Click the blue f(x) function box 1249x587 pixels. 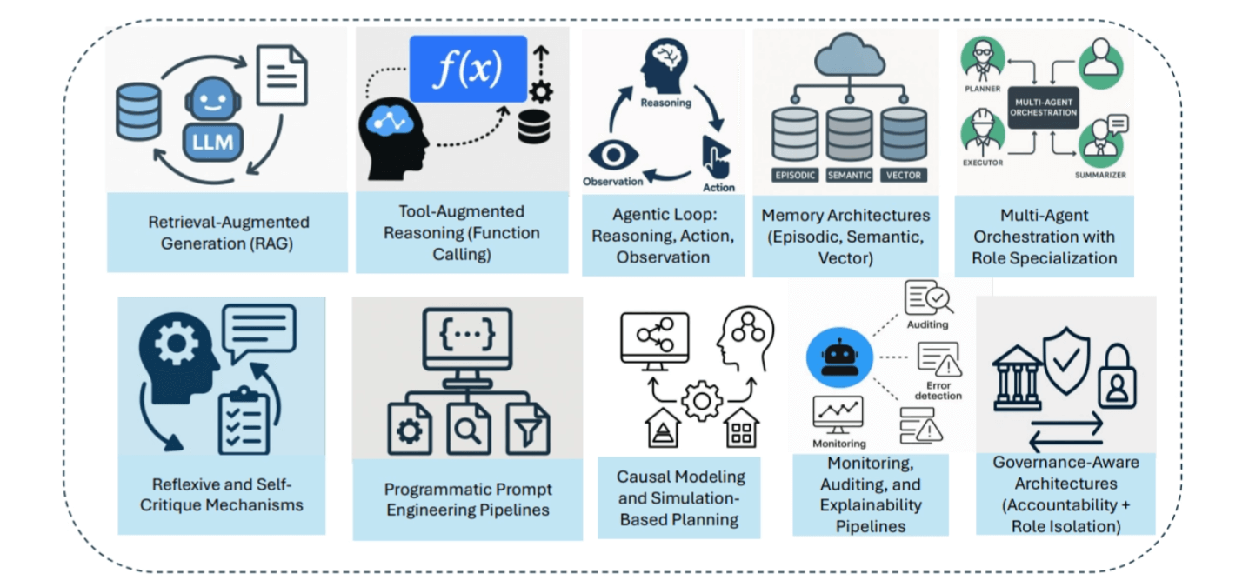pyautogui.click(x=468, y=69)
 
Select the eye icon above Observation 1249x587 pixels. pyautogui.click(x=613, y=155)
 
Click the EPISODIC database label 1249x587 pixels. pyautogui.click(x=795, y=175)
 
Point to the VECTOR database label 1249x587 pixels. pyautogui.click(x=903, y=175)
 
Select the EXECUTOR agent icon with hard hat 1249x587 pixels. pyautogui.click(x=982, y=136)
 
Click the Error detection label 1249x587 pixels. pyautogui.click(x=938, y=390)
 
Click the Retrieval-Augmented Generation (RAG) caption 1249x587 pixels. pyautogui.click(x=227, y=232)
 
